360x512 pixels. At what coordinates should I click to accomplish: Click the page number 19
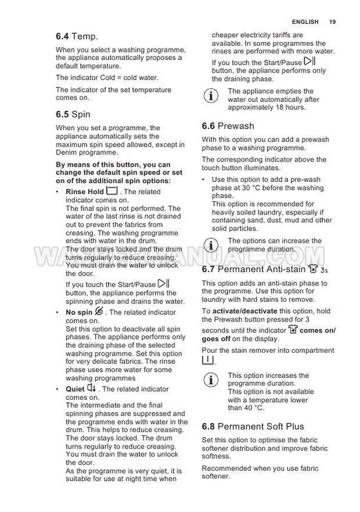[332, 22]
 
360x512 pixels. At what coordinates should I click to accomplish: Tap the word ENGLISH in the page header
[305, 22]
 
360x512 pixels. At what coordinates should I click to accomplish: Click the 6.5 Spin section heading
[73, 114]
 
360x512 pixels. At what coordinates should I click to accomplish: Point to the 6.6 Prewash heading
[228, 126]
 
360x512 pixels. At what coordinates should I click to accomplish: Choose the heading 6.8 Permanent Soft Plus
[253, 427]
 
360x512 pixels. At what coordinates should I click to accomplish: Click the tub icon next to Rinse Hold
[112, 191]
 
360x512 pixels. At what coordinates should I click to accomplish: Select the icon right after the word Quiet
[92, 388]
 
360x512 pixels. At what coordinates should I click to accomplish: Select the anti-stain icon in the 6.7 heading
[314, 268]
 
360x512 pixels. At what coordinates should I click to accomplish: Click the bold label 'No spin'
[79, 313]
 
